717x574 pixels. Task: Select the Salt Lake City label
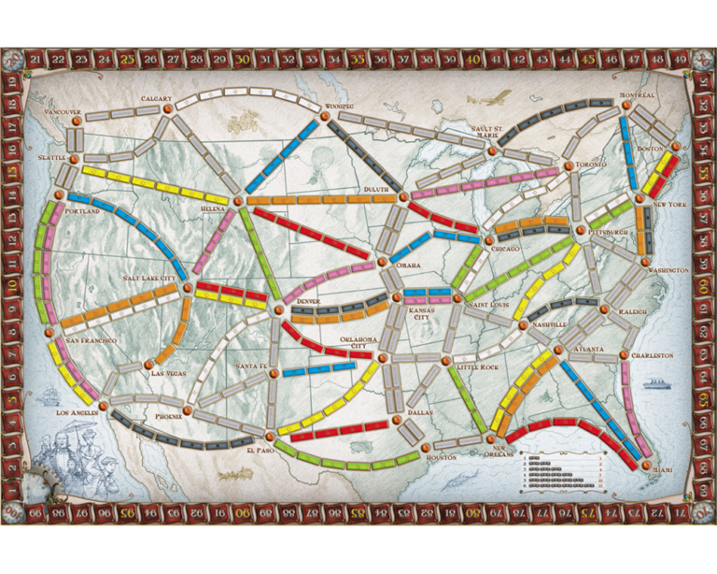pyautogui.click(x=150, y=279)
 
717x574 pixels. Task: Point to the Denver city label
pyautogui.click(x=305, y=302)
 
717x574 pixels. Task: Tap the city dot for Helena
pyautogui.click(x=238, y=200)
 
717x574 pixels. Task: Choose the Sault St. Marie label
pyautogui.click(x=486, y=132)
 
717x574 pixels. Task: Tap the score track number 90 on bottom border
pyautogui.click(x=241, y=513)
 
